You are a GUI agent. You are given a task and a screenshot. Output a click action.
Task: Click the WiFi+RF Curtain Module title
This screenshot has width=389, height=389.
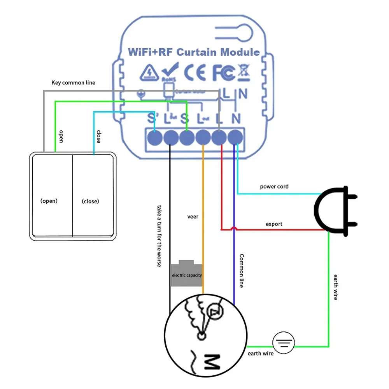[x=194, y=52]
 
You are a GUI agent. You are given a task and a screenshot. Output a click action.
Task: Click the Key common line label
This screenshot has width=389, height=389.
[x=73, y=83]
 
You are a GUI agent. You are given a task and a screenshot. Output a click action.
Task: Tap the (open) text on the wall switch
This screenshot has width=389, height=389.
[x=49, y=201]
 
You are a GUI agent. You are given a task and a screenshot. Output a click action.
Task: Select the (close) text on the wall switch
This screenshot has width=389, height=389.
[x=90, y=201]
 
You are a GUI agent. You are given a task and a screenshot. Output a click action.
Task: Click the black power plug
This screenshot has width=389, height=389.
[x=335, y=211]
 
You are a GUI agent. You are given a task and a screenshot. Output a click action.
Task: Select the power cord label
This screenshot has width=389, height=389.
[x=274, y=187]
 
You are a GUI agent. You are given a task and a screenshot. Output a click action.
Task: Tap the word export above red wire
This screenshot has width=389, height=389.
[x=274, y=224]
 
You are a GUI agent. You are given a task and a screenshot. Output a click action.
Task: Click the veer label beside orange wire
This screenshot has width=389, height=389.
[x=193, y=216]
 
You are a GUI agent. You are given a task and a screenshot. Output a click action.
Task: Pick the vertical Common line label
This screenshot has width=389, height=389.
[x=241, y=271]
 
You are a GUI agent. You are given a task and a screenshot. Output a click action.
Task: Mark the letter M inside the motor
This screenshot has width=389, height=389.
[x=212, y=362]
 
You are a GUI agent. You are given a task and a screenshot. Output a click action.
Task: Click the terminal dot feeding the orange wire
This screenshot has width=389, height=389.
[x=203, y=137]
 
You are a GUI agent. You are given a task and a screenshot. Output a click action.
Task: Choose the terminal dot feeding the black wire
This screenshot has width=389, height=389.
[x=170, y=137]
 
